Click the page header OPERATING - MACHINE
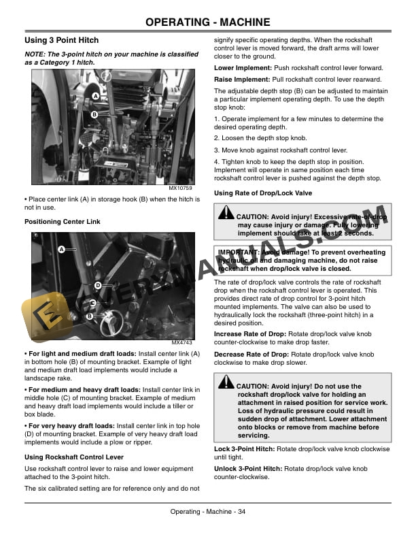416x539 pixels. (x=207, y=22)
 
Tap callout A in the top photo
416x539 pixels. (x=95, y=97)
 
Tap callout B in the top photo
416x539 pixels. (x=94, y=114)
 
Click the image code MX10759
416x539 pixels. (x=180, y=188)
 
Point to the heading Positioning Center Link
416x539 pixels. (x=62, y=222)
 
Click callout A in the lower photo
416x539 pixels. (x=60, y=250)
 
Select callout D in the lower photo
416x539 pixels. (x=98, y=285)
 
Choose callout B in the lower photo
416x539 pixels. (x=89, y=316)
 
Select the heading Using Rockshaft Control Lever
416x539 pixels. (x=73, y=457)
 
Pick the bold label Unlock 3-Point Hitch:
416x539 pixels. (x=248, y=469)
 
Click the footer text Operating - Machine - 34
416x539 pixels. (x=207, y=512)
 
